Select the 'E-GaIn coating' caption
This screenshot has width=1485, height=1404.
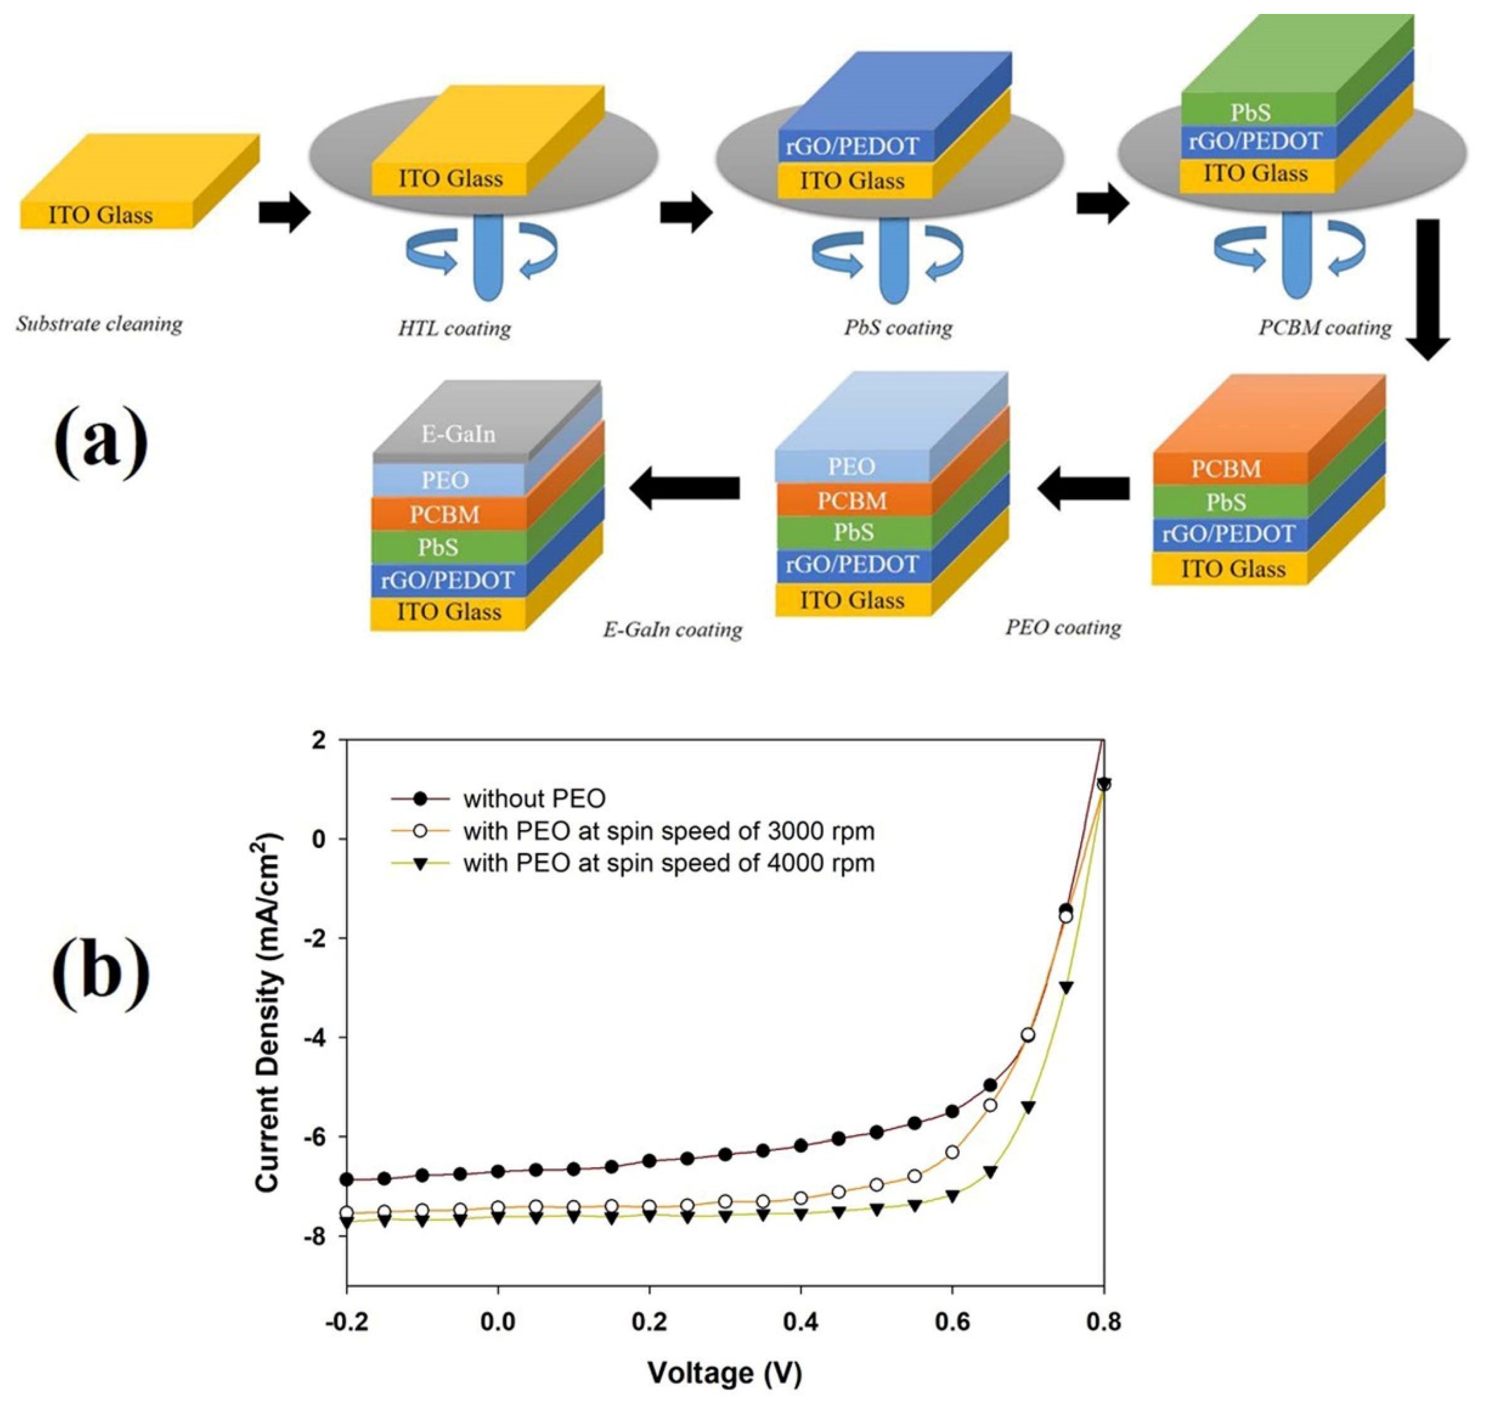click(672, 630)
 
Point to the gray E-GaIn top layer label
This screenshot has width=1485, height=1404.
click(458, 434)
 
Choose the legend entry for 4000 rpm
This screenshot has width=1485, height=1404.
click(668, 863)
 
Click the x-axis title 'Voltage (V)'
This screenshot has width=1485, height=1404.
click(724, 1373)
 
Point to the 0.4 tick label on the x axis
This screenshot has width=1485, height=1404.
click(800, 1322)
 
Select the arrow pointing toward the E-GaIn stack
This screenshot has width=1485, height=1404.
click(685, 488)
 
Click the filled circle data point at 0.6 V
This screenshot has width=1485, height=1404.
click(952, 1112)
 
